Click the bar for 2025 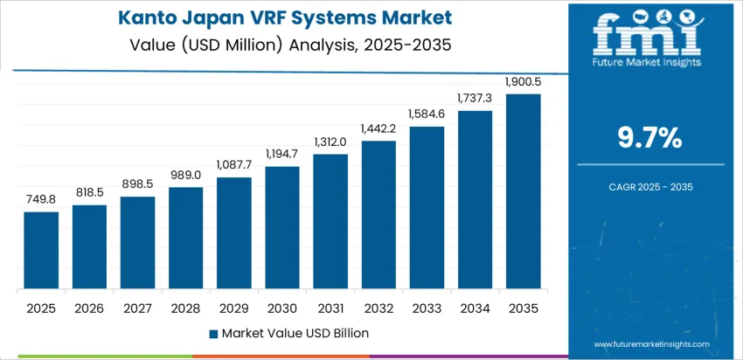[x=41, y=251]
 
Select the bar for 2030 [x=282, y=228]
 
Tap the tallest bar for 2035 [x=523, y=192]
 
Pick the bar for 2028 [x=185, y=239]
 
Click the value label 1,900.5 [x=523, y=83]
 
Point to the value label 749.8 [x=41, y=200]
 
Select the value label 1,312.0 [x=330, y=142]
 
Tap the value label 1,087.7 [x=234, y=165]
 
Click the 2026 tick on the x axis [x=89, y=308]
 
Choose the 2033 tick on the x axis [x=427, y=308]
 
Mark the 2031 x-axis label [x=330, y=308]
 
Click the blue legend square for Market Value [x=213, y=333]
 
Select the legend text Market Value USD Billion [x=295, y=333]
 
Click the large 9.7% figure [x=649, y=137]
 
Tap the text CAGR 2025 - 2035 [x=649, y=186]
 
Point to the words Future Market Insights [x=648, y=62]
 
